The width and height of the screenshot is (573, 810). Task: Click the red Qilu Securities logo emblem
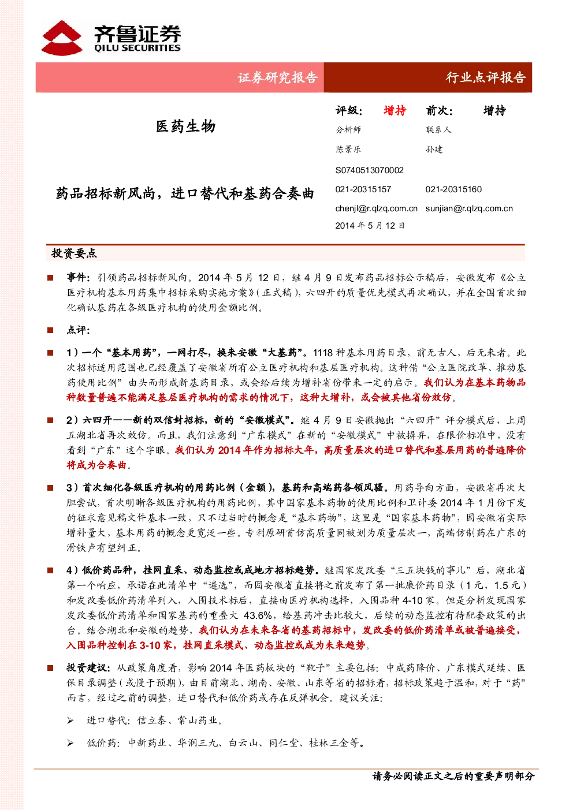(x=62, y=38)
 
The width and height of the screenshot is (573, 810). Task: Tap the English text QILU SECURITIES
(x=137, y=48)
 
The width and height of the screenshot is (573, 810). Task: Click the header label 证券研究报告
(x=277, y=77)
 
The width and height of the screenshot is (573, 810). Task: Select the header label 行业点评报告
(x=485, y=77)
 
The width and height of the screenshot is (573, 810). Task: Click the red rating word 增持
(x=395, y=110)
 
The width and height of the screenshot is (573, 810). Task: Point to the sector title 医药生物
(x=185, y=126)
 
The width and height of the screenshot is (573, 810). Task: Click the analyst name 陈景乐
(x=348, y=149)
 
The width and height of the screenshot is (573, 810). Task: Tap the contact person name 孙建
(x=434, y=149)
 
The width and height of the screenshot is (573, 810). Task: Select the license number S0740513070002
(x=369, y=170)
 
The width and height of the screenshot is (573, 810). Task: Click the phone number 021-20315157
(x=363, y=189)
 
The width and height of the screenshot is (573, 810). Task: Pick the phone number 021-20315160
(x=453, y=189)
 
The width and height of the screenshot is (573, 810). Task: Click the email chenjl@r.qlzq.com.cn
(x=376, y=208)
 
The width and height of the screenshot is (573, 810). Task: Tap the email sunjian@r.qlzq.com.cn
(x=469, y=208)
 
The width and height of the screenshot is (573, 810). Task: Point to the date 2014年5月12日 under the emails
(x=370, y=226)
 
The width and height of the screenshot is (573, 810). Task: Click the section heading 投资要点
(x=74, y=253)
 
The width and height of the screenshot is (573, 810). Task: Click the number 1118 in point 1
(x=322, y=353)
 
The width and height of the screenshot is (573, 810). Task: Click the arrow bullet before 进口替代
(x=70, y=721)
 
